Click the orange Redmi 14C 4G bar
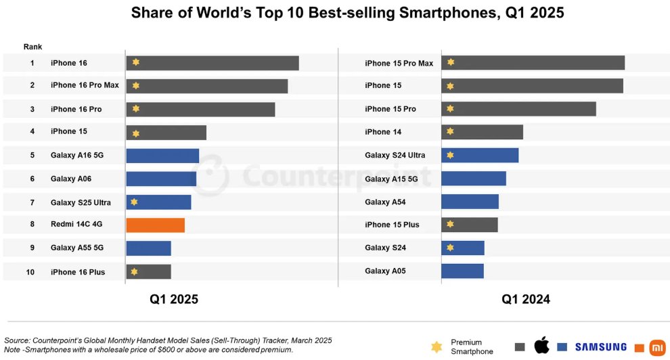click(155, 225)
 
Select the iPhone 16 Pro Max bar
click(206, 86)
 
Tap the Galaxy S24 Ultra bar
click(480, 155)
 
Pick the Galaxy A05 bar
click(462, 271)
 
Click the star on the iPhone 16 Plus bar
click(135, 271)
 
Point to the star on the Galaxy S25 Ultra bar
click(135, 202)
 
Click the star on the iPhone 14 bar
click(450, 131)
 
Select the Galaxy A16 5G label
click(76, 155)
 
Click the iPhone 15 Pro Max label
click(399, 63)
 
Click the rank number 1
click(32, 63)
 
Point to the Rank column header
click(32, 47)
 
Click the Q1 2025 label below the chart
click(174, 299)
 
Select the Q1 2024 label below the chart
click(526, 299)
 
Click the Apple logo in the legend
click(541, 346)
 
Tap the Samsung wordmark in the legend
click(601, 346)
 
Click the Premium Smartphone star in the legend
click(436, 346)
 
